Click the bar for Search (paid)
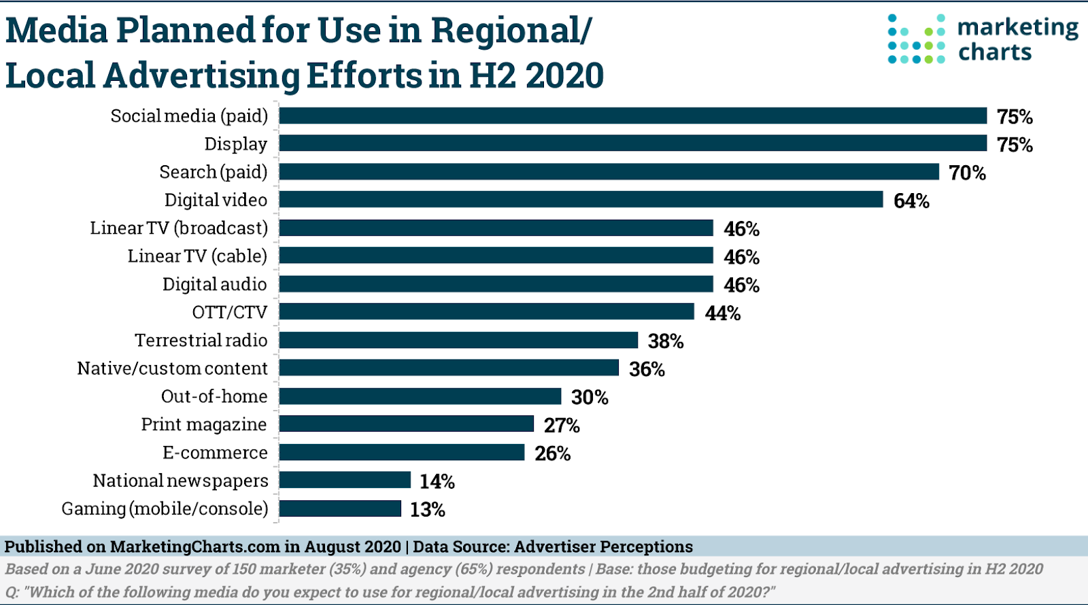click(609, 171)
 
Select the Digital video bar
click(581, 199)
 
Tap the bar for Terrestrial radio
click(458, 340)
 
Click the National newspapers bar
click(345, 480)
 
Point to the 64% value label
click(911, 201)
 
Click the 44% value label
click(722, 313)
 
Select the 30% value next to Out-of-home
click(590, 397)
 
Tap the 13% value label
click(427, 509)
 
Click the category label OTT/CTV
click(230, 312)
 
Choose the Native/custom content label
click(173, 368)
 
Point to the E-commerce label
click(215, 453)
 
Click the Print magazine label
click(204, 424)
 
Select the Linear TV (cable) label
click(197, 256)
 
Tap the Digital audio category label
click(215, 284)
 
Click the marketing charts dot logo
click(916, 39)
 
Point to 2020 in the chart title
click(564, 75)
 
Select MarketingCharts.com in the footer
click(195, 547)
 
